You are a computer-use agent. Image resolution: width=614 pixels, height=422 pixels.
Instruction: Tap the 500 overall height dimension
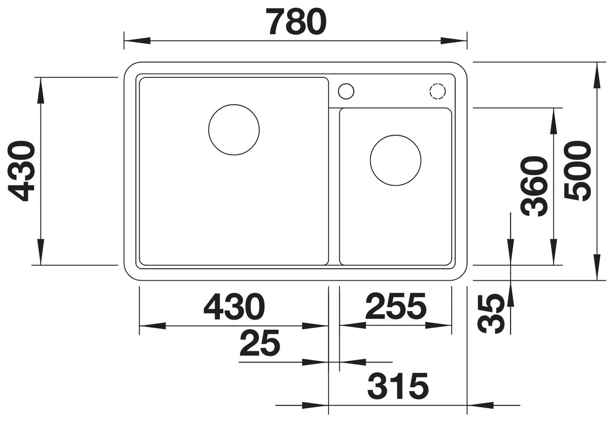click(x=578, y=171)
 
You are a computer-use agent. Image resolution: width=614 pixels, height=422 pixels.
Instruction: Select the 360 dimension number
click(x=534, y=186)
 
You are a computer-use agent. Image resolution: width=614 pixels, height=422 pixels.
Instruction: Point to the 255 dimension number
click(x=396, y=306)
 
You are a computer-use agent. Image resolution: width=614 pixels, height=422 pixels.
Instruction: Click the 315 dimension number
click(x=398, y=386)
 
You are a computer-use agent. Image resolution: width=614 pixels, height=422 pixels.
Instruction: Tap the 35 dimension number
click(x=491, y=314)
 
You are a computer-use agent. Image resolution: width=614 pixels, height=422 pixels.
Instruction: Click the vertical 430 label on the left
click(x=21, y=171)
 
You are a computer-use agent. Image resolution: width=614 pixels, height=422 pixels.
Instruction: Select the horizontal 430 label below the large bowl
click(x=234, y=306)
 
